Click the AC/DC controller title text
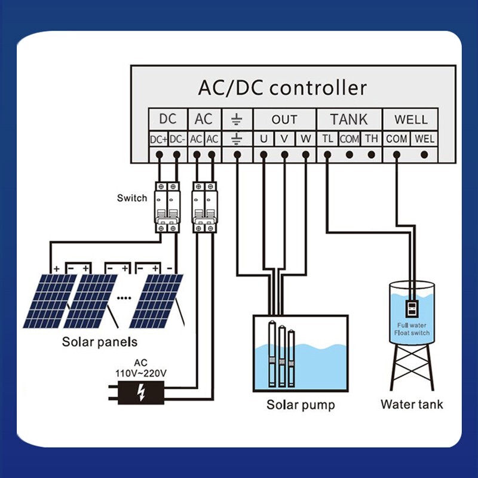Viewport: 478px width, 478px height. coord(282,88)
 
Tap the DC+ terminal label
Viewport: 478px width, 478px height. coord(159,139)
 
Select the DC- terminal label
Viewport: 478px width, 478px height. coord(177,139)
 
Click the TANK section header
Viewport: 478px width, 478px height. coord(349,119)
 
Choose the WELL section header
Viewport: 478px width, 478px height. coord(410,119)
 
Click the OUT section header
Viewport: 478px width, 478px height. coord(284,119)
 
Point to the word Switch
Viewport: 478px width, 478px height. coord(132,198)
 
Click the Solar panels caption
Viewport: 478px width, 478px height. coord(100,342)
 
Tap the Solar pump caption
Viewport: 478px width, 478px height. coord(301,405)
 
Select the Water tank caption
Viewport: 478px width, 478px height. coord(412,405)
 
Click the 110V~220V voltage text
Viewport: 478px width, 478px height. coord(141,373)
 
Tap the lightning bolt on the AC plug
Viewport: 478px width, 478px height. coord(141,392)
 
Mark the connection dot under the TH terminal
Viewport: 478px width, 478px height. coord(372,155)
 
